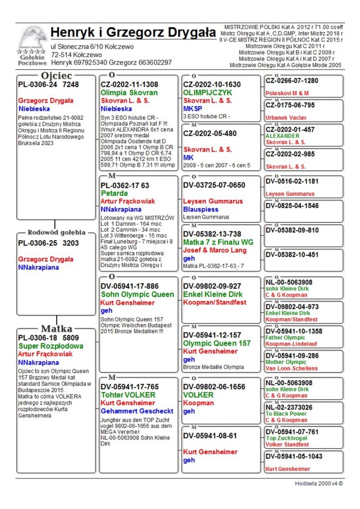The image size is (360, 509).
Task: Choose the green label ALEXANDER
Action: click(x=282, y=135)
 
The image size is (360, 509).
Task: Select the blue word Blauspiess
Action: click(x=201, y=209)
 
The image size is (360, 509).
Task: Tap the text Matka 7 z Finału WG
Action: click(x=218, y=242)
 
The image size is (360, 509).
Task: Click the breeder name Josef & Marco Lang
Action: click(x=215, y=250)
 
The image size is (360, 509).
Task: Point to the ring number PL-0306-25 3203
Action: click(x=48, y=243)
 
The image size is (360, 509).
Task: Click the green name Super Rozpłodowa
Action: click(x=51, y=346)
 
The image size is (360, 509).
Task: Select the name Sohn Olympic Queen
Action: click(x=137, y=294)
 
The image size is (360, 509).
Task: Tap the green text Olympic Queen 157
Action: click(x=217, y=343)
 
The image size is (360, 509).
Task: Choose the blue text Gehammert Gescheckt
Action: click(x=137, y=411)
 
